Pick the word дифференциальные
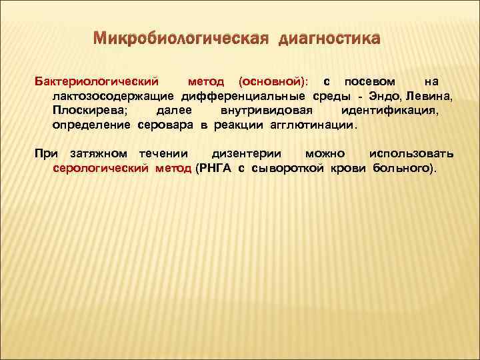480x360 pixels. point(235,97)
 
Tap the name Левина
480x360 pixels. point(430,97)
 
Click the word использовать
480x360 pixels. point(411,155)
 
